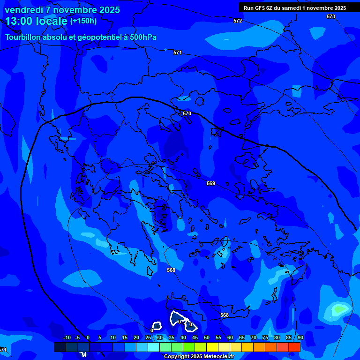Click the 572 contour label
pyautogui.click(x=238, y=21)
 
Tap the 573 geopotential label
pyautogui.click(x=331, y=16)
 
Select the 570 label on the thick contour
pyautogui.click(x=187, y=113)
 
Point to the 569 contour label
pyautogui.click(x=211, y=183)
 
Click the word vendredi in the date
pyautogui.click(x=24, y=10)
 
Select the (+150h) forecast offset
pyautogui.click(x=83, y=21)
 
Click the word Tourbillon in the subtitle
pyautogui.click(x=24, y=37)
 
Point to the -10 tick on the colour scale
pyautogui.click(x=67, y=337)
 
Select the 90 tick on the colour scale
pyautogui.click(x=300, y=337)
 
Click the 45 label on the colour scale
pyautogui.click(x=195, y=337)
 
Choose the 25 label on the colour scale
pyautogui.click(x=148, y=337)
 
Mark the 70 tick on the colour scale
pyautogui.click(x=253, y=337)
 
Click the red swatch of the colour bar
pyautogui.click(x=294, y=347)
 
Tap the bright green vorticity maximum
pyautogui.click(x=340, y=309)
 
